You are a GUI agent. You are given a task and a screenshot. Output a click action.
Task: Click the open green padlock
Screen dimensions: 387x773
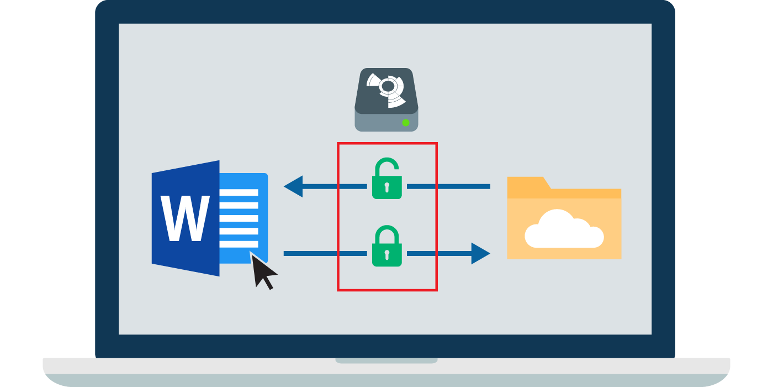(386, 181)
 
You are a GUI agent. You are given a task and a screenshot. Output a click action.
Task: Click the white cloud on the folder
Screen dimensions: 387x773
(563, 229)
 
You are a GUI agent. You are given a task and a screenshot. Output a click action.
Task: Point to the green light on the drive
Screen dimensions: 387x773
(406, 122)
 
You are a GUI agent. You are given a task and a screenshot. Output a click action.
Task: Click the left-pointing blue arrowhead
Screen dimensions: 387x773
(293, 186)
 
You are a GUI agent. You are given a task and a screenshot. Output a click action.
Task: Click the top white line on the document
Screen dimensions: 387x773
(240, 192)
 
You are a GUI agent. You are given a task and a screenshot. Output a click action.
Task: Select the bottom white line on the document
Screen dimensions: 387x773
(240, 244)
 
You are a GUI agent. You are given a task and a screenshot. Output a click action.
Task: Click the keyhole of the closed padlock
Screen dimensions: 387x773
(386, 254)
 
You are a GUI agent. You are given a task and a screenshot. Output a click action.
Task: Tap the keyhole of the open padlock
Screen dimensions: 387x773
(386, 186)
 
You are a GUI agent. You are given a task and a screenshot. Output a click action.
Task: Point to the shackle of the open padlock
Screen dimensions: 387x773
(386, 164)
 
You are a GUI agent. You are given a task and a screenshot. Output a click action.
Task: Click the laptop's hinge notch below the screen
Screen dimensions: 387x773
(386, 360)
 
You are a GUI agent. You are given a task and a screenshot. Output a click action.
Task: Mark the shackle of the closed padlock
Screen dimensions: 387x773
(386, 231)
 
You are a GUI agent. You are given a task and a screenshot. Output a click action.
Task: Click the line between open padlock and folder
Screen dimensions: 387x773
(448, 186)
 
